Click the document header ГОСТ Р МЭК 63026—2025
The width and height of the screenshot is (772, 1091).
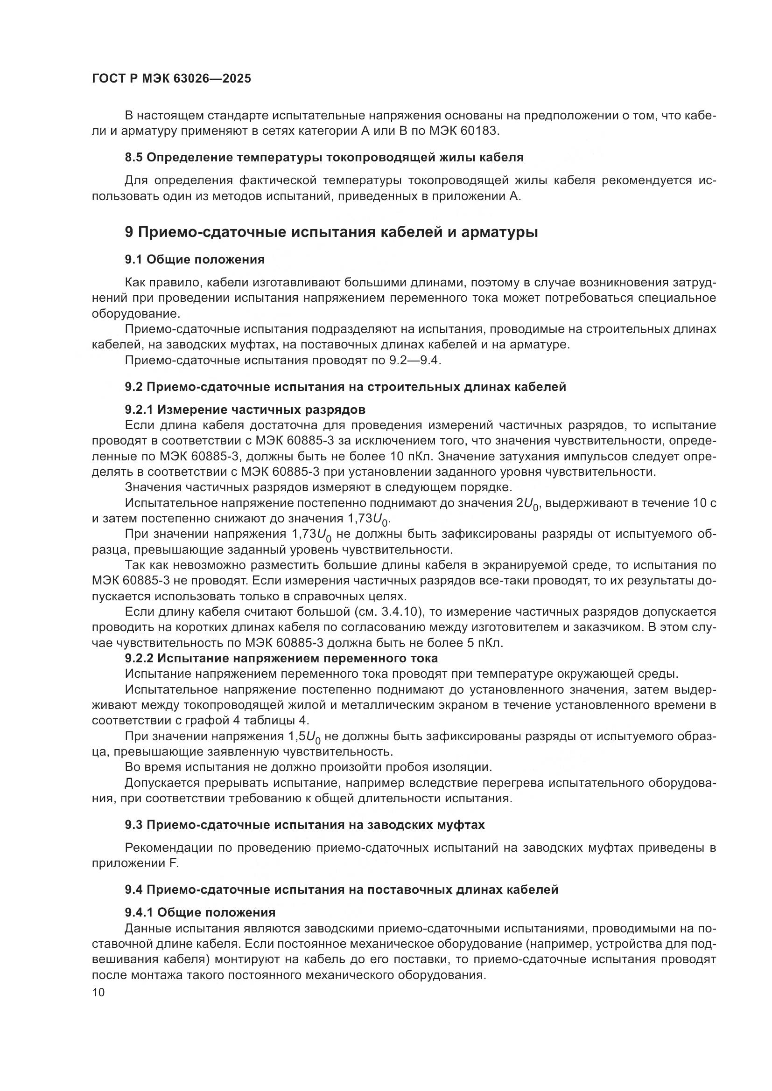point(171,79)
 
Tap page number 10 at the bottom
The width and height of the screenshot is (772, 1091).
point(98,993)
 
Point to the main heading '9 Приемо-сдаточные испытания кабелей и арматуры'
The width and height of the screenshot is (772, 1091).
point(331,232)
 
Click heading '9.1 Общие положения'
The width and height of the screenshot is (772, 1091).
point(195,260)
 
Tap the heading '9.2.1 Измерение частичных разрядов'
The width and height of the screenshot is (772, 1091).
point(245,410)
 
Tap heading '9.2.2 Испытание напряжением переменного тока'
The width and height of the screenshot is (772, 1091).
point(281,659)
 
